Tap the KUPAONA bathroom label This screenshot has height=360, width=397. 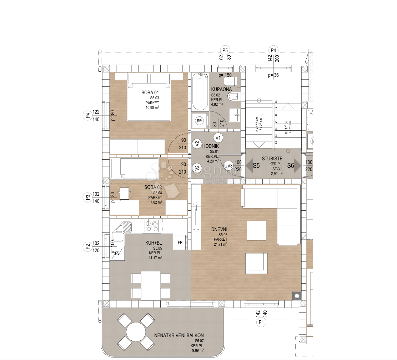point(221,89)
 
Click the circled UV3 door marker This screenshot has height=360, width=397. point(228,165)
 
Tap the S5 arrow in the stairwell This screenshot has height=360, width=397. point(253,166)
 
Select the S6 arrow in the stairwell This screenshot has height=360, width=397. point(293,166)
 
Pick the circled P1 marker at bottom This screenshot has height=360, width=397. point(261,322)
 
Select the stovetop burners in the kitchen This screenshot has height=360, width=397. point(152,226)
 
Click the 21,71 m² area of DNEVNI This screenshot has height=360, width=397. point(220,245)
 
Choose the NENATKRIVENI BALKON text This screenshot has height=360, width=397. point(179,335)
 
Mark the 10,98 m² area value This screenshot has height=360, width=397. point(149,107)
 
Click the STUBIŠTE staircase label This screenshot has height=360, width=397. point(272,159)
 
